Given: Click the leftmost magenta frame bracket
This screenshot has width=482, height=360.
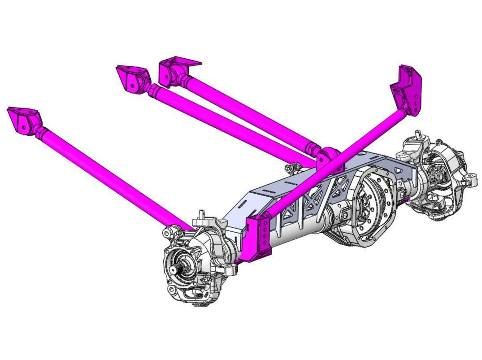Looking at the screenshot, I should coord(23,121).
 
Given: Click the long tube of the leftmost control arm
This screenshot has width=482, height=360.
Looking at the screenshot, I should coord(112,179).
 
